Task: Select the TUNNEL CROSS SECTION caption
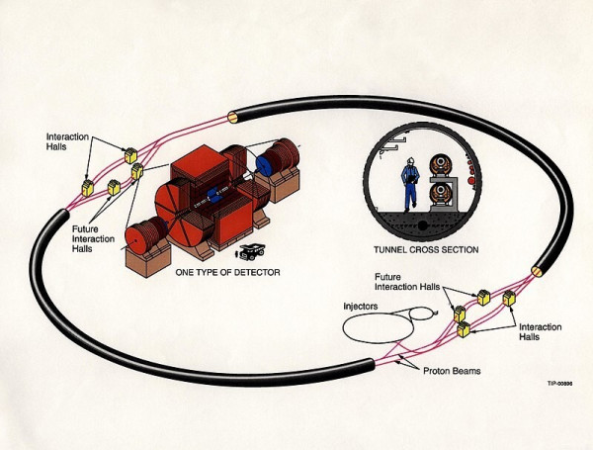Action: (427, 250)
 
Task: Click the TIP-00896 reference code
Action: (560, 384)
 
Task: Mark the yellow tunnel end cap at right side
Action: (537, 270)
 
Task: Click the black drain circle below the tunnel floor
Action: (423, 225)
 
